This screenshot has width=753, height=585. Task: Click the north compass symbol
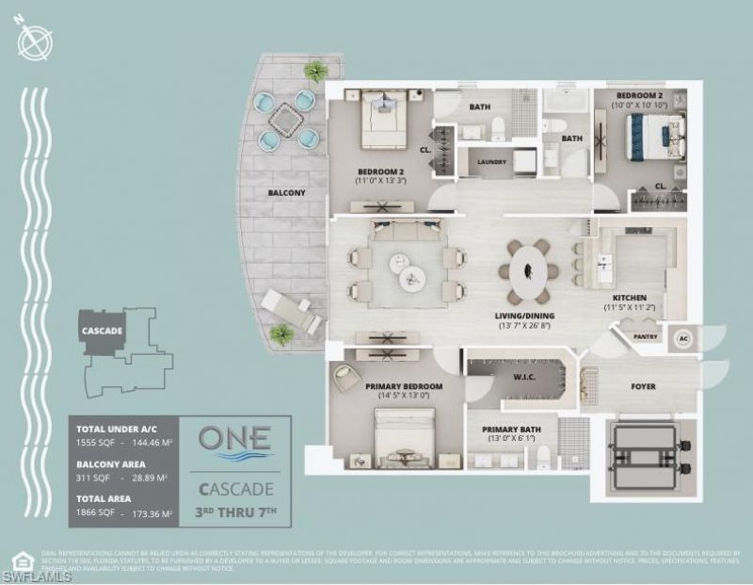click(34, 42)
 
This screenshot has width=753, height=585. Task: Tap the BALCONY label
click(285, 193)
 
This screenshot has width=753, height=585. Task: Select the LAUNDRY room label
click(491, 162)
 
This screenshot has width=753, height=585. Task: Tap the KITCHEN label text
click(628, 298)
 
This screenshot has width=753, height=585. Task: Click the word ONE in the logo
click(234, 438)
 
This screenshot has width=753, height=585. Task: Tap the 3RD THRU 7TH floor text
click(234, 512)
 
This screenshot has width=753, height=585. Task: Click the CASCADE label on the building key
click(102, 331)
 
